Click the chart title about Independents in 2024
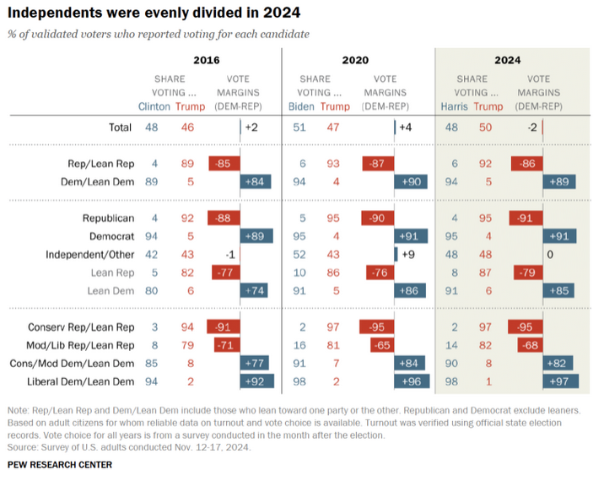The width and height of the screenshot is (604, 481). pos(154,14)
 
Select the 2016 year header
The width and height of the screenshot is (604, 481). pos(207,60)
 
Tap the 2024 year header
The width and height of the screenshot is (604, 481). pos(507,60)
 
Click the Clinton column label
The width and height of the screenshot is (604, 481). pos(154,106)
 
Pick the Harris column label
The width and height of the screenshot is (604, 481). pos(454,106)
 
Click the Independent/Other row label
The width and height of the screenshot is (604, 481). pos(89,255)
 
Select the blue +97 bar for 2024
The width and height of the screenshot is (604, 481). pos(558,381)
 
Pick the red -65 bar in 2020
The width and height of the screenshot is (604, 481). pos(380,345)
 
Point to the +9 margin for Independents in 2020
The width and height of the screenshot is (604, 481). pos(407,255)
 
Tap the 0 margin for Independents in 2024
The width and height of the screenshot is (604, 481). pos(549,255)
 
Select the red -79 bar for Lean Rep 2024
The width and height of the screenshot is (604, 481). pos(526,273)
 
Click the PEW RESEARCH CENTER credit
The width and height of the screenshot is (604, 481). pos(59,465)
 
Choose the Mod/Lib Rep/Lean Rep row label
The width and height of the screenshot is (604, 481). pos(81,345)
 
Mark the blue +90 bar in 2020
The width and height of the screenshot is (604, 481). pos(411,181)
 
